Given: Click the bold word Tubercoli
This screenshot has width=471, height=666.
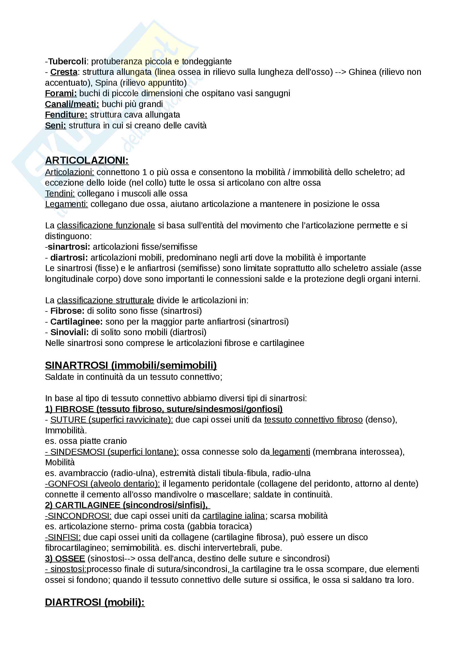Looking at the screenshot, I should [67, 62].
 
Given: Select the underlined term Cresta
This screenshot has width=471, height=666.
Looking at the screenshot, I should [64, 72].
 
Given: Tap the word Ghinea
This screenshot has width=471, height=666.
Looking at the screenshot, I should [362, 72].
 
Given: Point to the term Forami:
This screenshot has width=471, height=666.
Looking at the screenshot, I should [61, 93].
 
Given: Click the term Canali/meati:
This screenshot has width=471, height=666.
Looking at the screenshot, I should [72, 104].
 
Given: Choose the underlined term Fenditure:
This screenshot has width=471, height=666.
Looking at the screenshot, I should [66, 115].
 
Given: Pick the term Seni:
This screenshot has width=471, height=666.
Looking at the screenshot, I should [56, 126].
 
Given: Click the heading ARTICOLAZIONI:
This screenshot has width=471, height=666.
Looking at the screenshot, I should [87, 160].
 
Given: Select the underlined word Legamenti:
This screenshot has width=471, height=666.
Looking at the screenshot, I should [66, 204].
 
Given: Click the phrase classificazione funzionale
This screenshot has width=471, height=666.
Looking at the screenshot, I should [106, 226].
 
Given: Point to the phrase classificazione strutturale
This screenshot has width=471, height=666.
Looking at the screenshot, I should [105, 300].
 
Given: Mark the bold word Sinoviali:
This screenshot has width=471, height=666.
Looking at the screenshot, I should [70, 332].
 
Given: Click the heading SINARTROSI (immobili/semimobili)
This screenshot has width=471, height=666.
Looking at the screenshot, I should [131, 366].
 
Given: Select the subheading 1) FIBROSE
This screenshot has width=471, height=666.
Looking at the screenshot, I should [69, 409].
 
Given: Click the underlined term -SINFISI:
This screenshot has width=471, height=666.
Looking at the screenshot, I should [63, 537].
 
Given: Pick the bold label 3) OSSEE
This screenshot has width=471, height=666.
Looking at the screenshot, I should [65, 558].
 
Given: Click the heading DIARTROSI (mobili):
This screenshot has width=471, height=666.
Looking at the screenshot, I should [95, 602].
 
